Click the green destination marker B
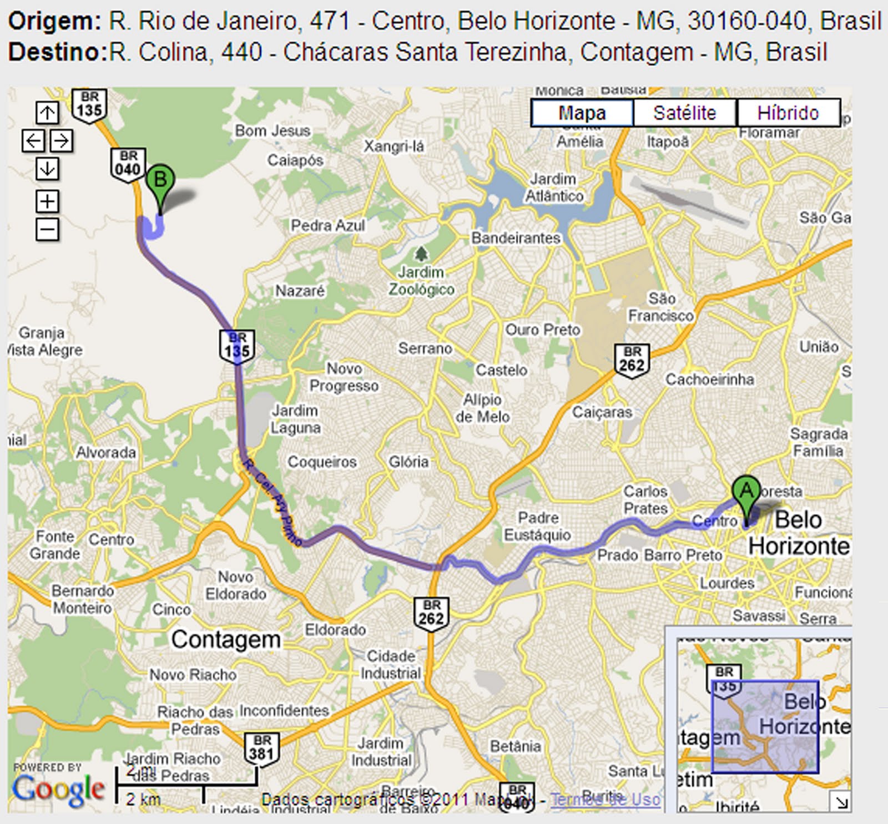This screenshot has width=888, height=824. pyautogui.click(x=160, y=181)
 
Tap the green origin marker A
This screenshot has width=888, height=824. pyautogui.click(x=746, y=492)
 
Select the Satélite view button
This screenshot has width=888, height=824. pyautogui.click(x=684, y=113)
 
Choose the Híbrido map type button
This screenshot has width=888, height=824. pyautogui.click(x=788, y=113)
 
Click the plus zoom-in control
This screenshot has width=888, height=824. pyautogui.click(x=47, y=201)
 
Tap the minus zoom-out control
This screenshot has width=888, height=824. pyautogui.click(x=47, y=229)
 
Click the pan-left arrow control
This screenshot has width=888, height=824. pyautogui.click(x=33, y=140)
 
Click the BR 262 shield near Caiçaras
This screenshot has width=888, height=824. pyautogui.click(x=632, y=360)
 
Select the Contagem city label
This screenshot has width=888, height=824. pyautogui.click(x=226, y=640)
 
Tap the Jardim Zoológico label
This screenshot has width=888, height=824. pyautogui.click(x=421, y=281)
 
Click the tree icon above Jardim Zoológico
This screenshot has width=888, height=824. pyautogui.click(x=422, y=254)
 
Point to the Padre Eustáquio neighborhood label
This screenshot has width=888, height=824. pyautogui.click(x=537, y=526)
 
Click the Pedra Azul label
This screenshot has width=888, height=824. pyautogui.click(x=328, y=226)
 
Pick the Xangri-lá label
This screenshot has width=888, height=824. pyautogui.click(x=393, y=146)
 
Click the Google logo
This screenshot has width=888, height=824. pyautogui.click(x=58, y=789)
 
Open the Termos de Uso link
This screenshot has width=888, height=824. pyautogui.click(x=606, y=800)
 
